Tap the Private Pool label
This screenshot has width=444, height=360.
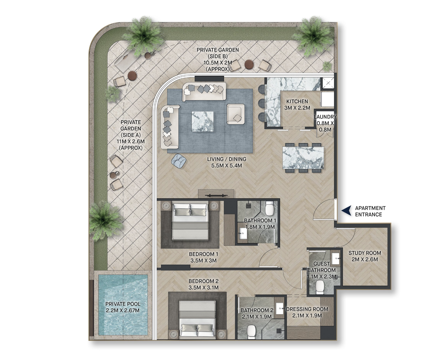tap(123, 307)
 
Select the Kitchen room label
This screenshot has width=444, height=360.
tap(297, 105)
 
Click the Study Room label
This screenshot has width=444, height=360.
tap(365, 256)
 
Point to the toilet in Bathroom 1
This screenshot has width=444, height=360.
tap(269, 208)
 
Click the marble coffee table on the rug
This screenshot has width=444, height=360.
tap(202, 122)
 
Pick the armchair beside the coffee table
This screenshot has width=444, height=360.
tap(235, 114)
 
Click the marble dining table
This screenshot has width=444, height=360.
tap(303, 158)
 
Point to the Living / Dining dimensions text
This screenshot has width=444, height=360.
tap(227, 166)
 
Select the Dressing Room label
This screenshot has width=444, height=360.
tap(307, 312)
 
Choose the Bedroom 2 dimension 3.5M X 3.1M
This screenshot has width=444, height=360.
tap(204, 288)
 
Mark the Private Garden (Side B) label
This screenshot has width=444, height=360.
tap(218, 60)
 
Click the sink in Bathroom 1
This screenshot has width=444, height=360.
tap(243, 233)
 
